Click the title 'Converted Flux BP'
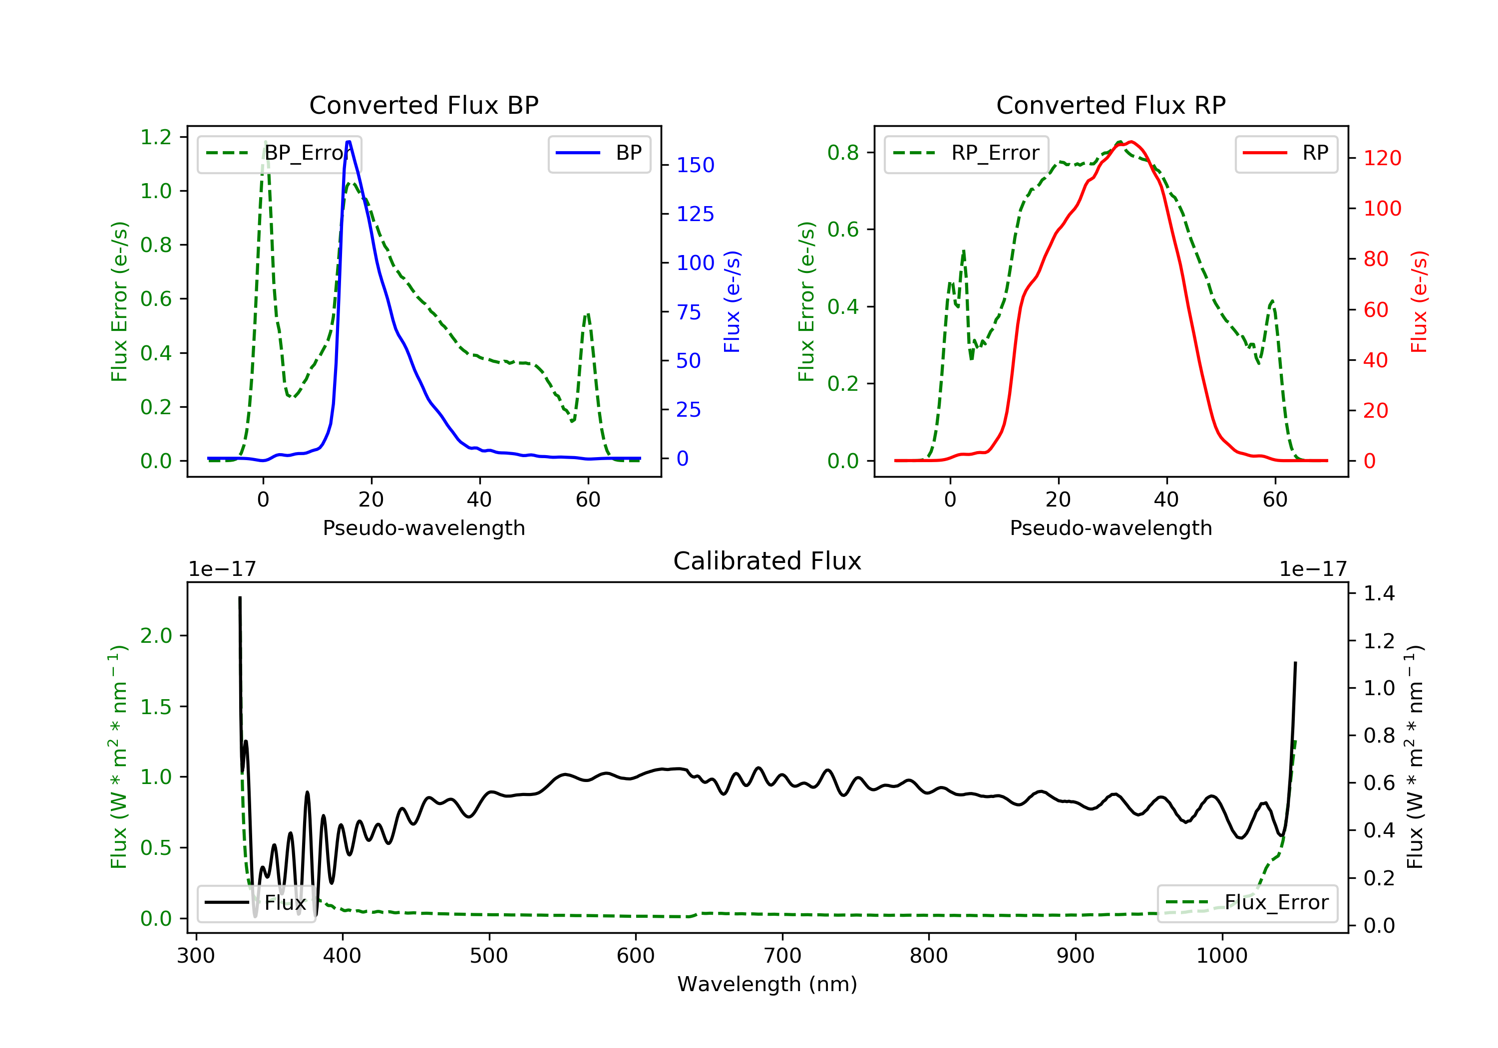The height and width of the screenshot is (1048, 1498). pos(423,105)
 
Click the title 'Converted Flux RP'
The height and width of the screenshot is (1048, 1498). pos(1111,105)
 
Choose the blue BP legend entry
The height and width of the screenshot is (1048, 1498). pos(599,153)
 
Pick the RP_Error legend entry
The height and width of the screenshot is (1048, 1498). pos(966,153)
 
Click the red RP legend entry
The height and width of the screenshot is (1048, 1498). pos(1286,153)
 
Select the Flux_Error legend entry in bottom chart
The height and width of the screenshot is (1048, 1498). pos(1247,903)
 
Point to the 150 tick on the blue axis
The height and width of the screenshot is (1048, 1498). pos(695,165)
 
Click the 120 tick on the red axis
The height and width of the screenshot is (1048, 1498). pos(1382,158)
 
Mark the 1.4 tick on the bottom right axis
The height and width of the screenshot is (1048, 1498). pos(1379,593)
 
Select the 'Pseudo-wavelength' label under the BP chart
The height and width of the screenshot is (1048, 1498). pos(423,527)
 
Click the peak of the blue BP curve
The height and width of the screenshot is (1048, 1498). pos(349,142)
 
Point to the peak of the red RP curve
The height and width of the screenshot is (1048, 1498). pos(1130,142)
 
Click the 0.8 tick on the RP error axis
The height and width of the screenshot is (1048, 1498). pos(843,153)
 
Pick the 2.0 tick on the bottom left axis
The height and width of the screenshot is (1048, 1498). pos(156,636)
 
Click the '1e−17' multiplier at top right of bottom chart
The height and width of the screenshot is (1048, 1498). pos(1313,569)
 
